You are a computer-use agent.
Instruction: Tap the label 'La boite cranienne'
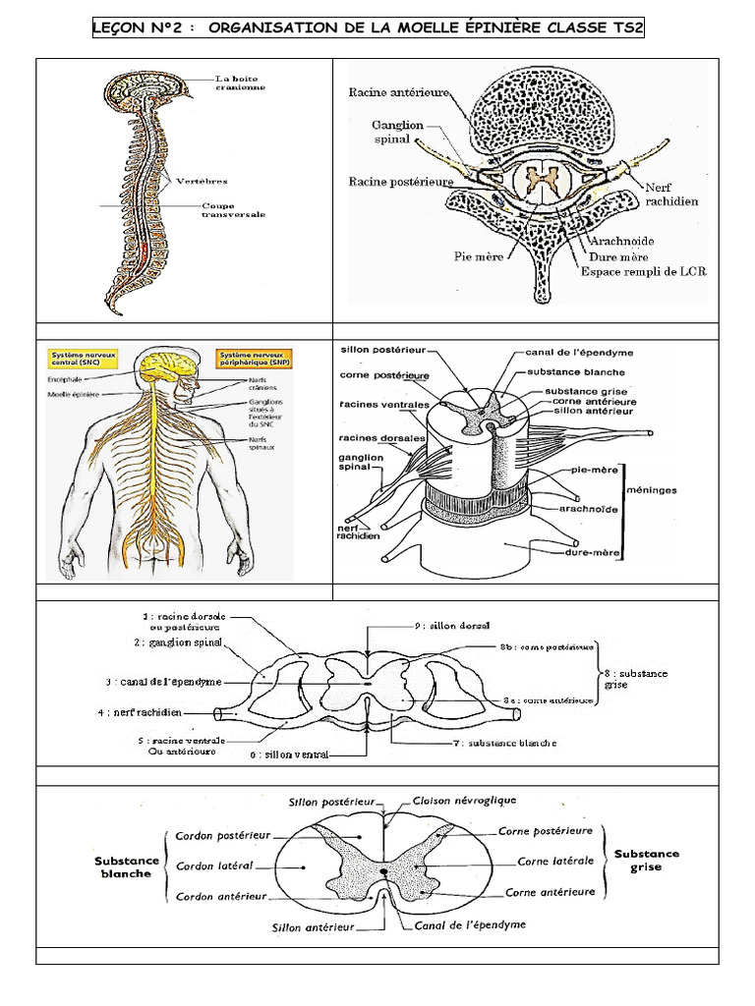pyautogui.click(x=242, y=83)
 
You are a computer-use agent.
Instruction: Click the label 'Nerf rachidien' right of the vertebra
pyautogui.click(x=670, y=194)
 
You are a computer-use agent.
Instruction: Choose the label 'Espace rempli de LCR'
pyautogui.click(x=644, y=270)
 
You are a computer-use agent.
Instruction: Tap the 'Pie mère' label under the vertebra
pyautogui.click(x=479, y=256)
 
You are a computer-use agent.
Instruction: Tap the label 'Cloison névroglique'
pyautogui.click(x=464, y=801)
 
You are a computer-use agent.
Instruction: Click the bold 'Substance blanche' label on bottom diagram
pyautogui.click(x=127, y=867)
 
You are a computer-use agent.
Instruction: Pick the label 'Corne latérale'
pyautogui.click(x=555, y=861)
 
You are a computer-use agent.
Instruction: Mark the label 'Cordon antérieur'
pyautogui.click(x=221, y=896)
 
